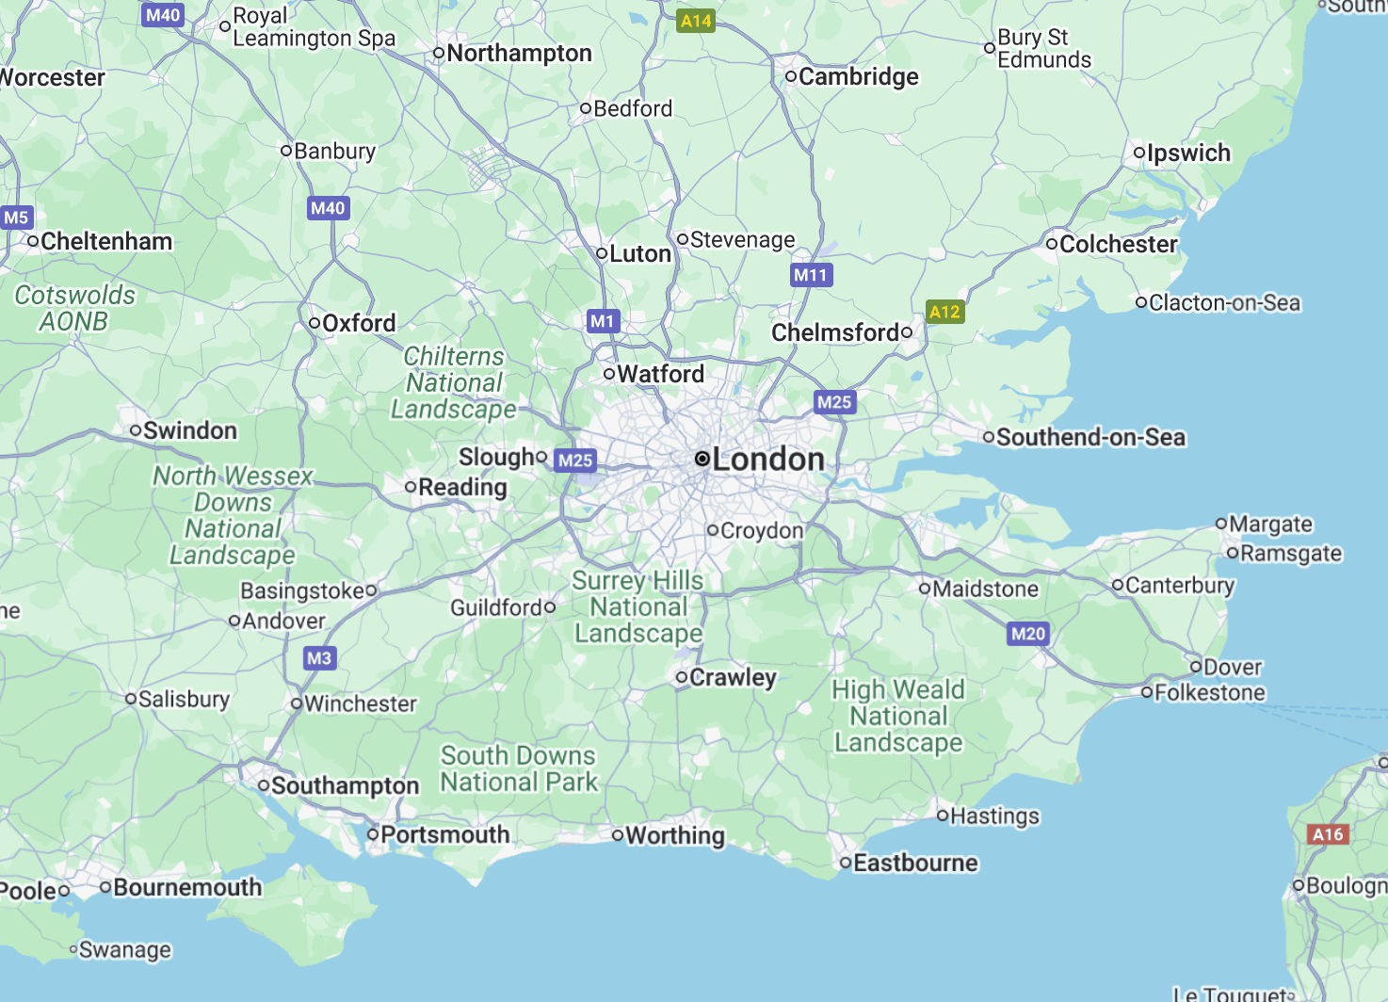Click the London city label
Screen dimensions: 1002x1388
pos(767,460)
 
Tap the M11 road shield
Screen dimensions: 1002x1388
pos(811,275)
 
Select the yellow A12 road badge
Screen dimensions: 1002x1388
pos(944,312)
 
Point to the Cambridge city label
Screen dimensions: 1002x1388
pos(858,77)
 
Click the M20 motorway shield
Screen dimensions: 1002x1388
pos(1028,634)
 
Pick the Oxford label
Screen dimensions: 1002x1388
pos(359,324)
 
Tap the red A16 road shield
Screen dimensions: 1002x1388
pos(1328,834)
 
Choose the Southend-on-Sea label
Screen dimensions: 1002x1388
pos(1090,438)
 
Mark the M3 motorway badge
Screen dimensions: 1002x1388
pos(319,658)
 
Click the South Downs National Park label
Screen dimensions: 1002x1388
pos(519,769)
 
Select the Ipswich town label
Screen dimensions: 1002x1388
pos(1188,154)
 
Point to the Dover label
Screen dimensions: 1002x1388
pos(1232,668)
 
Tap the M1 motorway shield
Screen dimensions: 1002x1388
pos(603,321)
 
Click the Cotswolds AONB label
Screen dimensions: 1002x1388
pos(74,309)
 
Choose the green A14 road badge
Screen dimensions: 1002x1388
pos(696,21)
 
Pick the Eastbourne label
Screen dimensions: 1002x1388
pos(915,864)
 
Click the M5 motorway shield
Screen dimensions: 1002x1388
pos(16,218)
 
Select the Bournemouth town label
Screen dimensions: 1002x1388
pos(187,888)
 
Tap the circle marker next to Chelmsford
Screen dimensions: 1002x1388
pos(907,331)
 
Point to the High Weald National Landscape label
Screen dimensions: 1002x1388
pos(898,717)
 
